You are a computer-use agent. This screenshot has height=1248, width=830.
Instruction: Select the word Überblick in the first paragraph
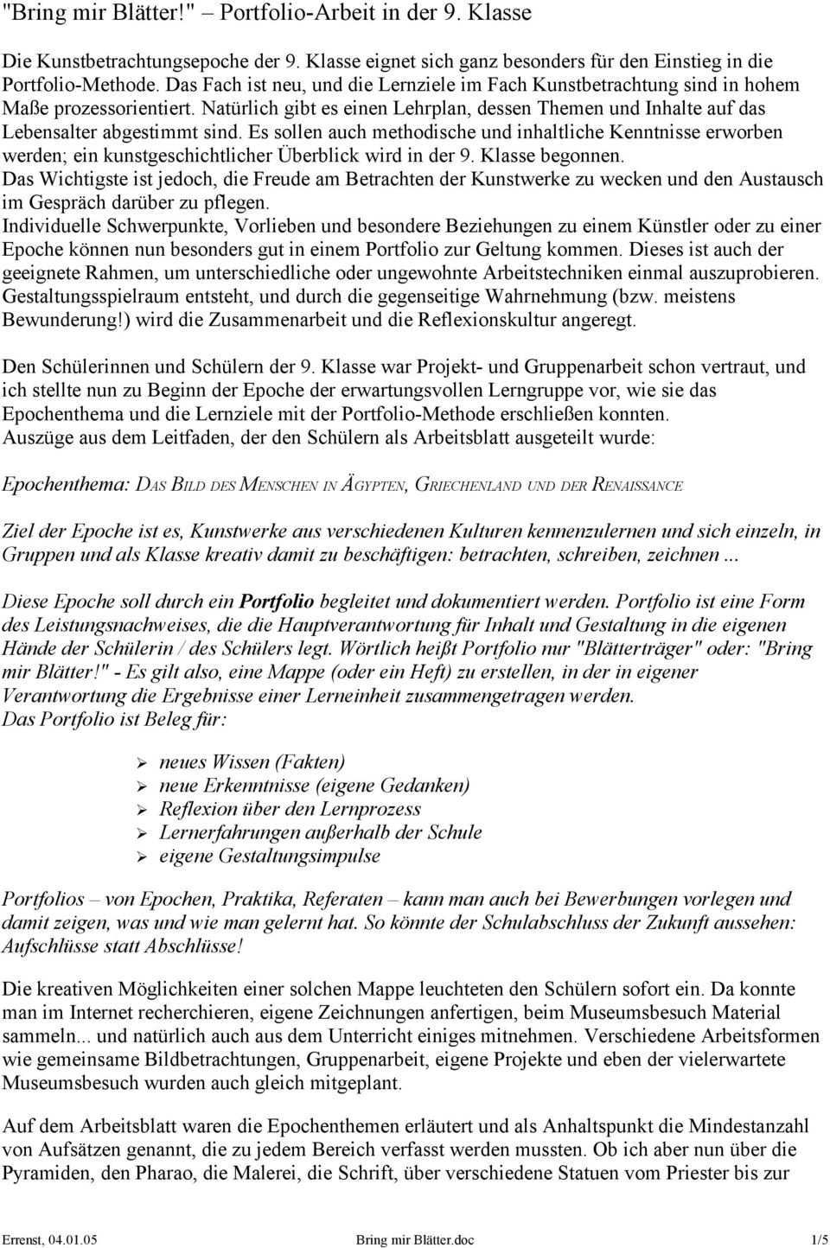point(342,156)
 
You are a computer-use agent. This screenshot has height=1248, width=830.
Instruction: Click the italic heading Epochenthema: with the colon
point(66,485)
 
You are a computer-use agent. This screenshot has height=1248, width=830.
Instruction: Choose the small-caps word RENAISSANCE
point(637,485)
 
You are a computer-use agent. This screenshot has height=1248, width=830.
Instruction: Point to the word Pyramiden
point(43,1173)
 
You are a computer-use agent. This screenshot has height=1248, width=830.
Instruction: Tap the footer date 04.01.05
point(73,1239)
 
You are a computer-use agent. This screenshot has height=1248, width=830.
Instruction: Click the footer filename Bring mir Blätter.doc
point(415,1239)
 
